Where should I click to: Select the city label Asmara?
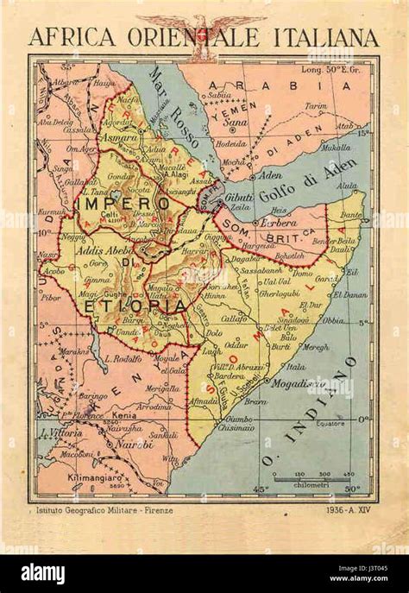(x=119, y=137)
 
